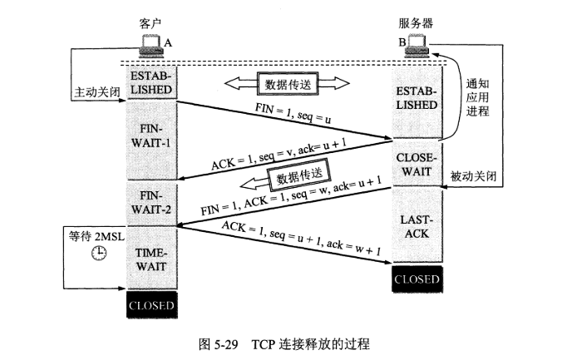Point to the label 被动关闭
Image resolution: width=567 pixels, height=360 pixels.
pos(475,177)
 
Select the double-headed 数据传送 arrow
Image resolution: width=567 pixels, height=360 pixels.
pos(288,83)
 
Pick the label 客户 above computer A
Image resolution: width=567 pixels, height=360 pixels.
pos(150,23)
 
